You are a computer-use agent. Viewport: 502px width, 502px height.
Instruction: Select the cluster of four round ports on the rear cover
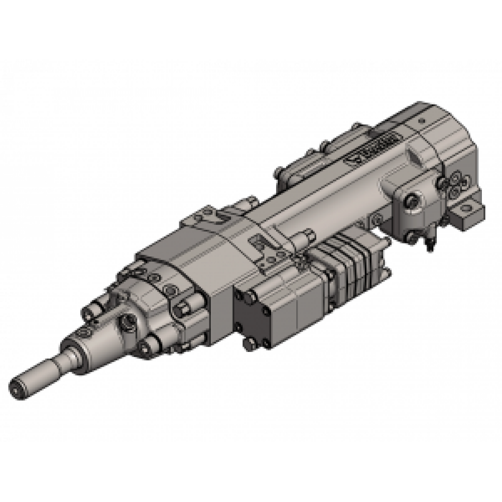(x=454, y=187)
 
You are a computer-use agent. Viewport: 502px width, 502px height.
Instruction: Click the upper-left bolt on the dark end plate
(x=245, y=298)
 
